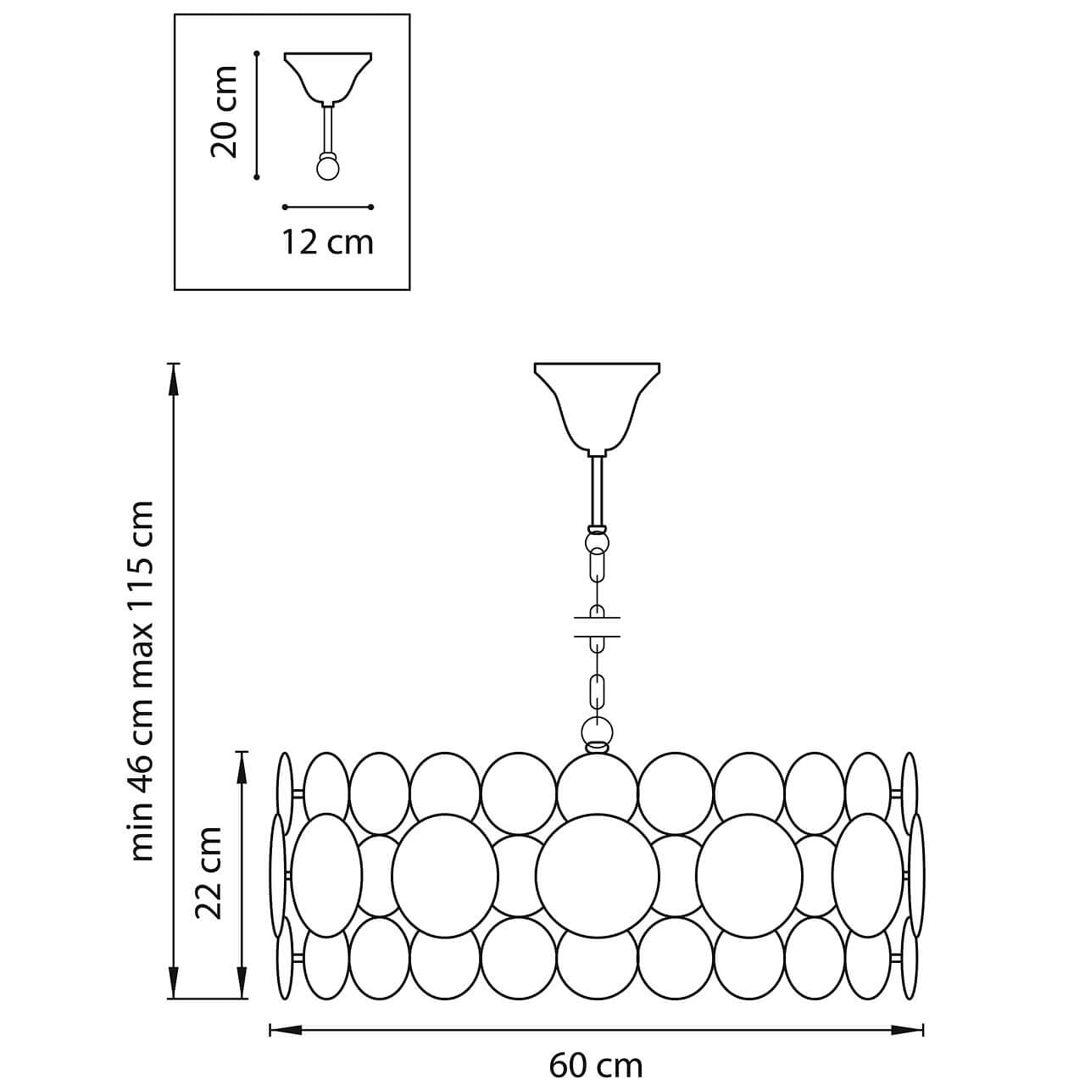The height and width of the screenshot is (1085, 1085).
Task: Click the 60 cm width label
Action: (x=596, y=1065)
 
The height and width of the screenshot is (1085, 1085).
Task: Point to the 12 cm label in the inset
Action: (x=327, y=242)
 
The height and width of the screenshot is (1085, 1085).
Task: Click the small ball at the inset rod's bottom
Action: (x=327, y=168)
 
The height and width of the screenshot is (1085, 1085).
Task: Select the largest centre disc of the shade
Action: (x=597, y=876)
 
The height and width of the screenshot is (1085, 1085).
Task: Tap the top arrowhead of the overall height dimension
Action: (x=174, y=377)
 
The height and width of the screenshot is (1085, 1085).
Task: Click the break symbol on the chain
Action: (x=597, y=626)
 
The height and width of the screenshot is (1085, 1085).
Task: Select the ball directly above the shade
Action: (x=597, y=731)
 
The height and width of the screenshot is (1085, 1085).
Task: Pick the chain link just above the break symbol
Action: (x=597, y=565)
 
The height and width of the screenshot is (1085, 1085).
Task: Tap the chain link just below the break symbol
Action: (x=597, y=691)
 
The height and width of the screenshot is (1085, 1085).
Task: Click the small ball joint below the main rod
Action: (x=597, y=540)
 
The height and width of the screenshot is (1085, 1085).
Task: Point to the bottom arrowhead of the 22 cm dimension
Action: (x=242, y=985)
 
